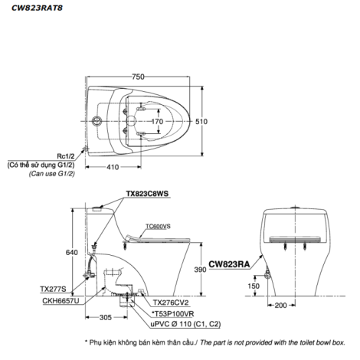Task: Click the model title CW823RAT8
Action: (x=37, y=8)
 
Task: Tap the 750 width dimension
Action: (x=138, y=77)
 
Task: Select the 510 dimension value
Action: (x=201, y=122)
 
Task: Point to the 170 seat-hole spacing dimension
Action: (x=157, y=122)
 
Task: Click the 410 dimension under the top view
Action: (x=113, y=167)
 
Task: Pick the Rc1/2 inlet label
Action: (x=66, y=156)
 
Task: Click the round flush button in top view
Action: (x=97, y=121)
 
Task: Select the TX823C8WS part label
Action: (x=147, y=194)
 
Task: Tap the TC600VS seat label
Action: (x=158, y=226)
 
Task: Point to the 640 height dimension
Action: (x=72, y=252)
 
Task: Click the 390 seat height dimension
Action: (x=200, y=270)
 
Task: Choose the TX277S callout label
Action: (x=53, y=289)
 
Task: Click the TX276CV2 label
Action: (x=171, y=303)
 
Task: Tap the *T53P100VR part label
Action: (x=173, y=314)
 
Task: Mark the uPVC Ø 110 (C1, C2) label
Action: (x=185, y=324)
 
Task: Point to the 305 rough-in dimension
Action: (x=106, y=318)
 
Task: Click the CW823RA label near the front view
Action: (x=229, y=264)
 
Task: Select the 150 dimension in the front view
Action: (x=254, y=286)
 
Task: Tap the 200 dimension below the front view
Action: (x=280, y=306)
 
